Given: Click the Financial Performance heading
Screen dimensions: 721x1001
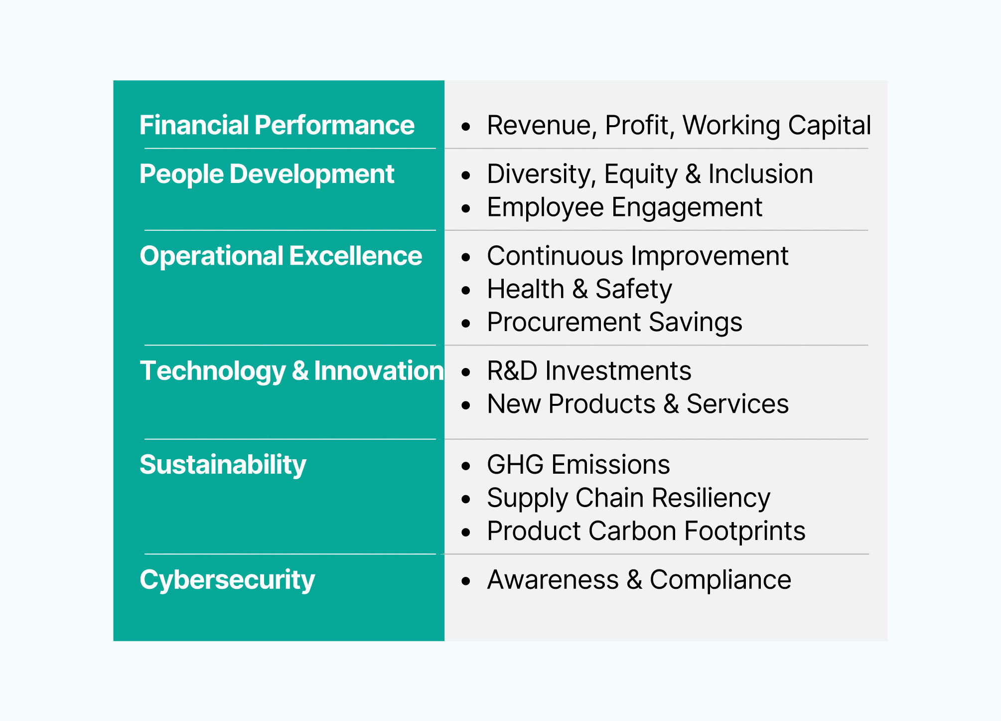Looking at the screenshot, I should [x=277, y=125].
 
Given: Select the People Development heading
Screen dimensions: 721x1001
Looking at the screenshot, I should [x=267, y=174].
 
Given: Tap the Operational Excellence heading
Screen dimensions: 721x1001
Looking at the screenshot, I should [x=281, y=256].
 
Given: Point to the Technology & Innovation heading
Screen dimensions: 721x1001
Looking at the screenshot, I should [x=291, y=371].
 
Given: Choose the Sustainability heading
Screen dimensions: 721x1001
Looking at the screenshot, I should [x=223, y=465].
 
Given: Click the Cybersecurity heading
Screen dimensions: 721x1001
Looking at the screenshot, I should [x=227, y=579].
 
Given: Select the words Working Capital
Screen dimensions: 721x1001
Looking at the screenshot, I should [x=776, y=125].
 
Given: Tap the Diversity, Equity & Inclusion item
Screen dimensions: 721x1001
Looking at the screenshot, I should [x=650, y=174].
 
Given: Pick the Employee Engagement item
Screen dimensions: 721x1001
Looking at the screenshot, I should [x=624, y=207].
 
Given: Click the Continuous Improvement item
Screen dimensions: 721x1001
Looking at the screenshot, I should [x=637, y=256].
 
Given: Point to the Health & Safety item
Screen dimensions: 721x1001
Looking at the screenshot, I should [x=579, y=289].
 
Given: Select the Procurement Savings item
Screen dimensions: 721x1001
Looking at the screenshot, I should [x=614, y=322].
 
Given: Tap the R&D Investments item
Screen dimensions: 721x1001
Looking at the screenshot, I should [x=589, y=371].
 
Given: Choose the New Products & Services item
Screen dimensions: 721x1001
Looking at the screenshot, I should [x=638, y=404].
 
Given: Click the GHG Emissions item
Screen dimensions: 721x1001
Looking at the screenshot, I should [x=578, y=465].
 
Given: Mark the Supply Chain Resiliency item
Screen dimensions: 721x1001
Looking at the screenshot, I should [x=628, y=498].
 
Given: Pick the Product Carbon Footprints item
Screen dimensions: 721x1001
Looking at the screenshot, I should [x=646, y=531].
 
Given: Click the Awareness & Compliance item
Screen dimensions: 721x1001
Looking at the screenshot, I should [x=639, y=580].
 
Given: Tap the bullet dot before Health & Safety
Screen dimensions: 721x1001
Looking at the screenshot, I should [x=466, y=291].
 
